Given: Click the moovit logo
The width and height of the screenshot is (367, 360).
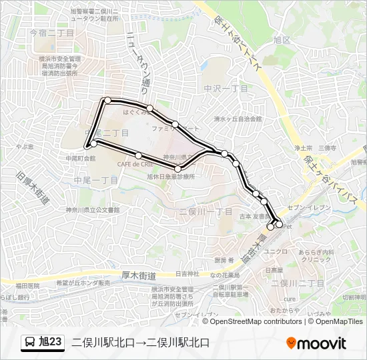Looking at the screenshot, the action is [x=316, y=343].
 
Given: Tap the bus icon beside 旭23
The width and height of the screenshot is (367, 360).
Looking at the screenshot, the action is [x=30, y=343].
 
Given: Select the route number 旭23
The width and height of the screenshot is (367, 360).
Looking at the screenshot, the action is [x=51, y=343].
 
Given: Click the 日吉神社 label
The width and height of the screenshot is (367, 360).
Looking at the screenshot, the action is [x=188, y=273].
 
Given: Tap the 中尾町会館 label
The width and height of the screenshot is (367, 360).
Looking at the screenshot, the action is [x=81, y=159].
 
